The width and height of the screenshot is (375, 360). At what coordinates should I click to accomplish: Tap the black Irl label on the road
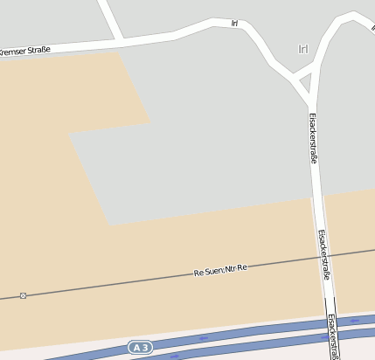point(234,23)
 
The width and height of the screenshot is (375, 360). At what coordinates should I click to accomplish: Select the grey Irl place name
point(303,49)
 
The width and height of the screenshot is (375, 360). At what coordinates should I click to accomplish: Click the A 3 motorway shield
point(140,348)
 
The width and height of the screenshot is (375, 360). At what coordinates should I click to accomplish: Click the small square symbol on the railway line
point(23,295)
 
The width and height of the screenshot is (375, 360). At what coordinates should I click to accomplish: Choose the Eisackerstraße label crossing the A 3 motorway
point(331,333)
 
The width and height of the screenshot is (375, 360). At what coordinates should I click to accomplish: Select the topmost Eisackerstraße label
point(314,140)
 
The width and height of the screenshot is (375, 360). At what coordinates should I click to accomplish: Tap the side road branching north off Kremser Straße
point(110,17)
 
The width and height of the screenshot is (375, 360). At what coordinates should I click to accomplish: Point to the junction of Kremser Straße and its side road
point(121,41)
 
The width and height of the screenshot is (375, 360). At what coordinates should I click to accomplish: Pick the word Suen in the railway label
point(210,272)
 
